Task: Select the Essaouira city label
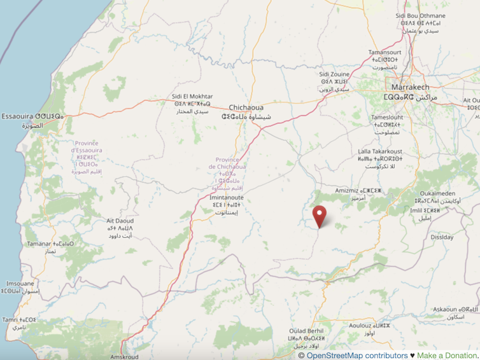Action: pos(32,116)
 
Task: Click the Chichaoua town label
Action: pos(246,108)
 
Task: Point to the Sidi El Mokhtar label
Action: pos(192,97)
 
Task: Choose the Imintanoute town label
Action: pos(227,198)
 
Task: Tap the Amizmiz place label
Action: pos(349,190)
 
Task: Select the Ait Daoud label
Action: pos(120,222)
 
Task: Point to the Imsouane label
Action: pos(20,284)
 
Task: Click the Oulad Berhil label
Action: pos(306,331)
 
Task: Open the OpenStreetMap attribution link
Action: pos(356,356)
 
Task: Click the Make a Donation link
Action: pos(448,356)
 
